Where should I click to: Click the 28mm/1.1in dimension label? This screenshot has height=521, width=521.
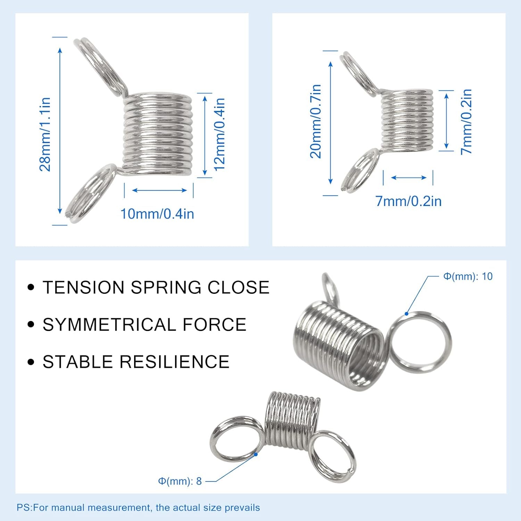tap(45, 134)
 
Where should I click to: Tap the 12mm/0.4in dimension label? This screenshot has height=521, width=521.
tap(220, 134)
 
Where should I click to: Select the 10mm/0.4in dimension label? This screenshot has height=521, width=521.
tap(157, 214)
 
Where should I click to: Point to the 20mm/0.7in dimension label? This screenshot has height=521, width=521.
tap(315, 121)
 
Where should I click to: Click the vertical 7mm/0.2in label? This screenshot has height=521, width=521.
tap(466, 122)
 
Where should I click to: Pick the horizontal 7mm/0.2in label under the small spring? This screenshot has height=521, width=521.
tap(408, 201)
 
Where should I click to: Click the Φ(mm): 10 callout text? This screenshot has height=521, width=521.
tap(468, 276)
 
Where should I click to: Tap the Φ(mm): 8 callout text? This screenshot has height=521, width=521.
tap(180, 481)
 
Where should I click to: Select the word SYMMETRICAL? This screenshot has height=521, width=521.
tap(110, 325)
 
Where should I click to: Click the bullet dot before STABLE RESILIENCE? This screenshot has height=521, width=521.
tap(31, 362)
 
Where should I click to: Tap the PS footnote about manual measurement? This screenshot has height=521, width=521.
tap(138, 507)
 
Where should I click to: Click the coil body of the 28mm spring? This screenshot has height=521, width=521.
tap(158, 134)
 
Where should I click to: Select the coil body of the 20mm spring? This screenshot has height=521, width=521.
tap(407, 120)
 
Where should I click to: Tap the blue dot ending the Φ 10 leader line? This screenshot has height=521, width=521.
tap(407, 314)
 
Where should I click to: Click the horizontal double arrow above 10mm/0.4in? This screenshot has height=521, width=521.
tap(159, 190)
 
